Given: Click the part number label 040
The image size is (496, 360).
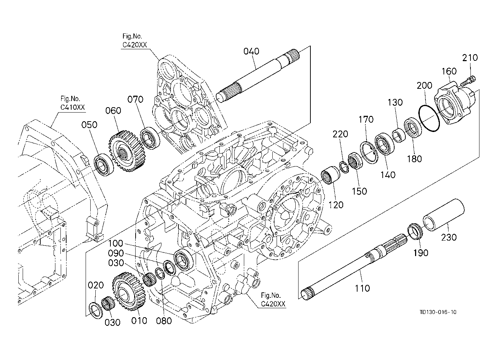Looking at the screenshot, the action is [x=251, y=51].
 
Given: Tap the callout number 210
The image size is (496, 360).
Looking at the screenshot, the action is [x=470, y=58].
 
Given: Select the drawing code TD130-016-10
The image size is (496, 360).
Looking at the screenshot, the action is [x=438, y=312].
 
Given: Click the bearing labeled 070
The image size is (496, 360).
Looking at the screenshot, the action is [x=150, y=138].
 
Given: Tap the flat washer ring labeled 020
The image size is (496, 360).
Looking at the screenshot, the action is [x=96, y=310].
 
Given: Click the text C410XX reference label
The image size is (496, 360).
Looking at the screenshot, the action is [x=72, y=108].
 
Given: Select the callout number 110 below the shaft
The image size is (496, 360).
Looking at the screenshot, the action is [x=362, y=288].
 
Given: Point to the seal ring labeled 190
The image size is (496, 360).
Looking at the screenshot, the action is [x=415, y=232].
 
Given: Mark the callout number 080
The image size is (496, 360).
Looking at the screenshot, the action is [x=164, y=320].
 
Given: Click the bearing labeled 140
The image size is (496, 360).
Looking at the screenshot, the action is [x=384, y=145].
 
